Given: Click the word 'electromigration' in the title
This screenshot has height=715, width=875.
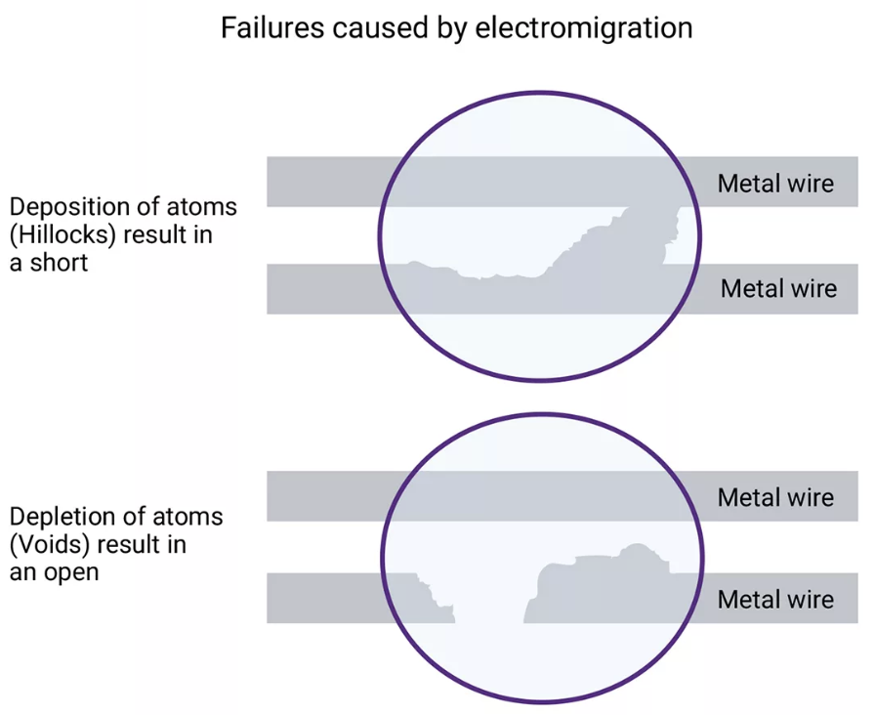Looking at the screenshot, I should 584,27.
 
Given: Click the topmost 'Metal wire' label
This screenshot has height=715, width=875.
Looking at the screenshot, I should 775,183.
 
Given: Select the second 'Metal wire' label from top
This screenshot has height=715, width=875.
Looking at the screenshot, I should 778,288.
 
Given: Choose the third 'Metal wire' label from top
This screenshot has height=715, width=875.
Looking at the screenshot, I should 775,497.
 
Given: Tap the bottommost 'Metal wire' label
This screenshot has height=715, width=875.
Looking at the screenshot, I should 775,599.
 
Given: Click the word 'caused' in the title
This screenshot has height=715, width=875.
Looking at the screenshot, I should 382,27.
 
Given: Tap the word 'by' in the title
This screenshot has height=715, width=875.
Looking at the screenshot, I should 452,28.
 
